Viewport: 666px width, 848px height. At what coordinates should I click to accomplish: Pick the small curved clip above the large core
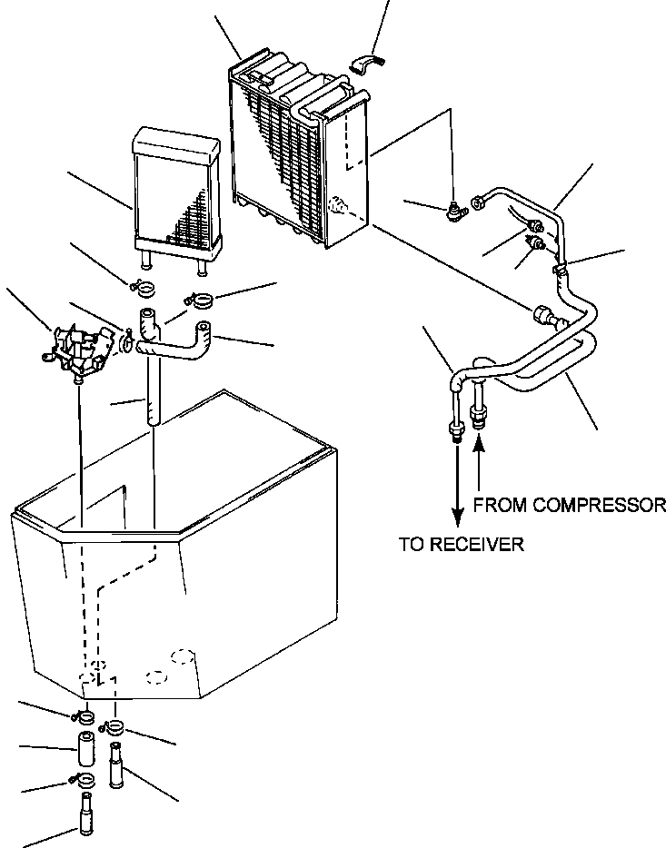365,63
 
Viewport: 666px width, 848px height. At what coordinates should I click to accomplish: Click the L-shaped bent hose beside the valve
177,340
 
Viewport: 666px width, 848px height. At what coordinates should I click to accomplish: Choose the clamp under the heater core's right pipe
202,298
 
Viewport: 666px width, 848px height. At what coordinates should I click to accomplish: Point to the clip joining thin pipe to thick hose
562,267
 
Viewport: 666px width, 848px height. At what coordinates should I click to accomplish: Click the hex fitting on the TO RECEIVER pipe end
452,429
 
